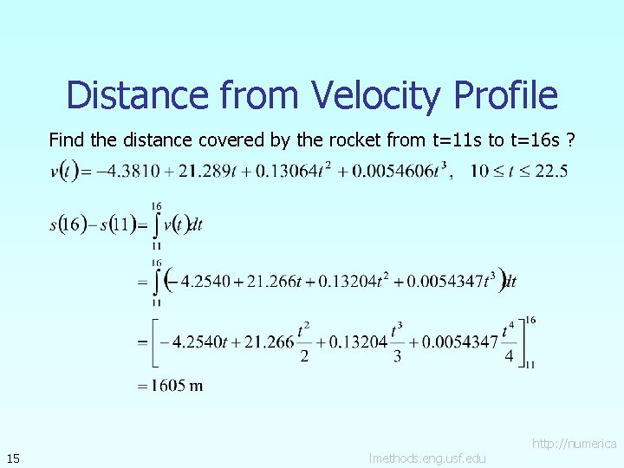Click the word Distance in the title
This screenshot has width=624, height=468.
point(137,95)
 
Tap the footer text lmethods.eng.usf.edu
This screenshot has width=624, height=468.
point(426,458)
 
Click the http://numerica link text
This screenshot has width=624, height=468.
point(574,444)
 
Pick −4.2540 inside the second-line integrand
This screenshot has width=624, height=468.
point(195,281)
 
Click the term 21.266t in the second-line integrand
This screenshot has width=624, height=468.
point(269,281)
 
